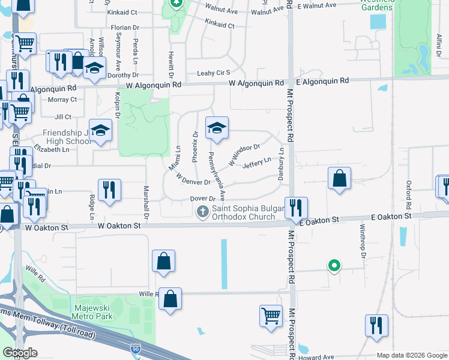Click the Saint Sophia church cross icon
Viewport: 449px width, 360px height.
203,211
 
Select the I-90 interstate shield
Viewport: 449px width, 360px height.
135,347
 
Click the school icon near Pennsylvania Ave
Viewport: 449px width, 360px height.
217,128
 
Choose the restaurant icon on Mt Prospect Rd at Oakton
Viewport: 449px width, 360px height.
296,208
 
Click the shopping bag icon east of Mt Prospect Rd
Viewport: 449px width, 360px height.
339,178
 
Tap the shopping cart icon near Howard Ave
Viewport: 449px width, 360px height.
271,314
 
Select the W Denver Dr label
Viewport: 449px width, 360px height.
193,179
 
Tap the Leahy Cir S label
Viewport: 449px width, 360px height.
214,73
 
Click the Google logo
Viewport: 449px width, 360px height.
20,353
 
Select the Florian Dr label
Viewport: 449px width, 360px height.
125,27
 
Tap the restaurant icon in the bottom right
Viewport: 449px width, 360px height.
376,325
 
